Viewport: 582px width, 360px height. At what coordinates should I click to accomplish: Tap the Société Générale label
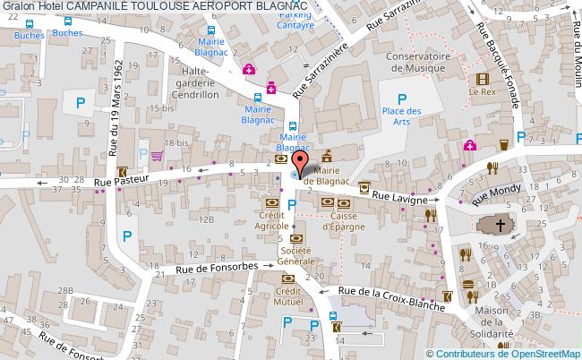tap(295, 256)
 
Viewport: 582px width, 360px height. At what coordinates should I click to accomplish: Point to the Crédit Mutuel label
tap(288, 297)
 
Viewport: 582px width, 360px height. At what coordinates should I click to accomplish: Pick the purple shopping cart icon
tap(158, 155)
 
